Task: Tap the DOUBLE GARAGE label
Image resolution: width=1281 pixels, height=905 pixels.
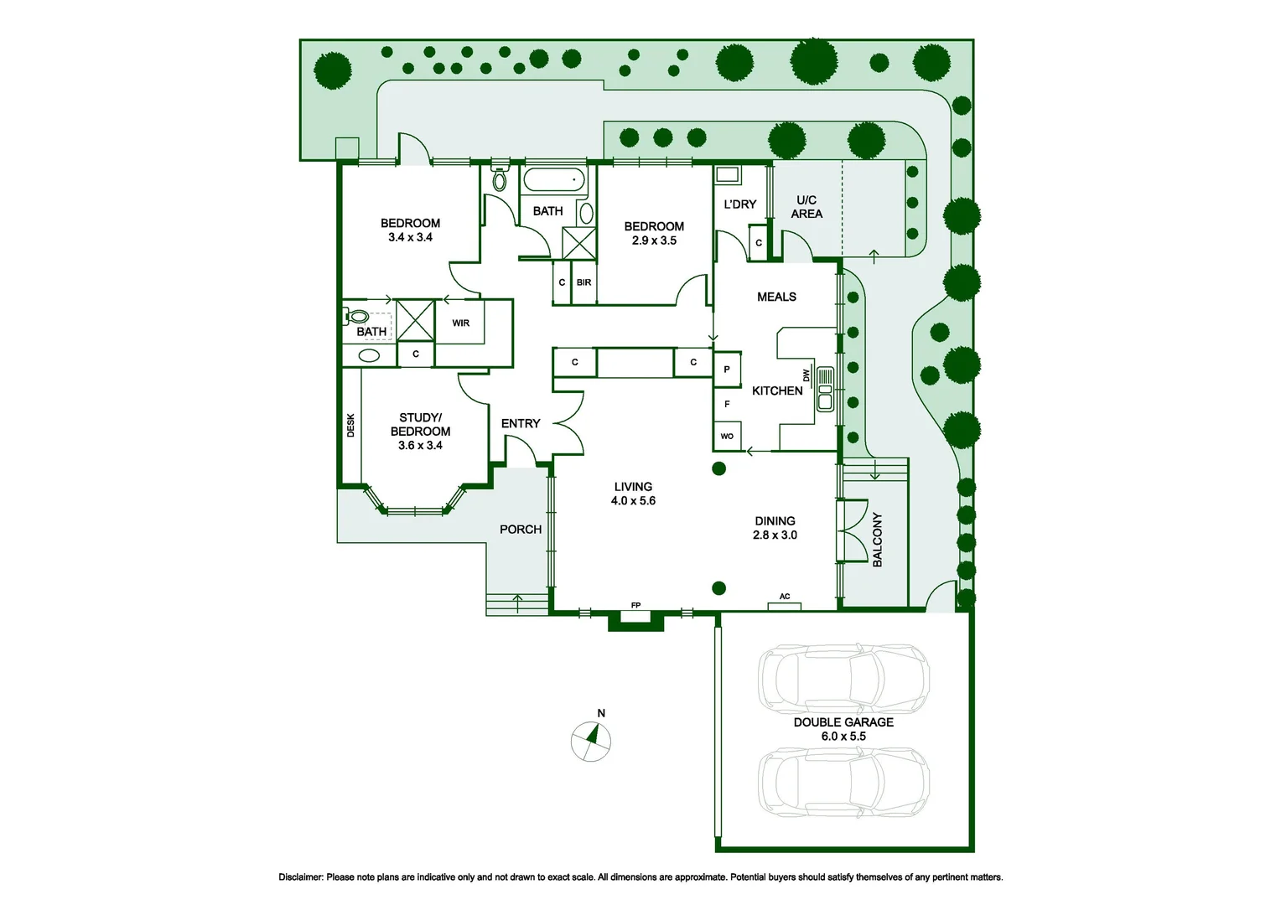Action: point(843,722)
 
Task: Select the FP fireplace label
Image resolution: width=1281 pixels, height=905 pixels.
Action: point(635,605)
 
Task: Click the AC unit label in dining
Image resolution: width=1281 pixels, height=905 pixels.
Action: point(785,597)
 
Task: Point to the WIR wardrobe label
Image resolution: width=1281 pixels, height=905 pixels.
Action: point(461,323)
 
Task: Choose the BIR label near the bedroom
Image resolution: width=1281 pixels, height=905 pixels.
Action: point(583,282)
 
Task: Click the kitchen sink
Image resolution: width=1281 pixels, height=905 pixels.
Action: point(825,389)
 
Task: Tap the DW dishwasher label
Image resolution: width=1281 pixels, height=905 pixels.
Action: point(806,375)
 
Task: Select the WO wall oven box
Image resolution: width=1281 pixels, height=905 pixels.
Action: point(727,436)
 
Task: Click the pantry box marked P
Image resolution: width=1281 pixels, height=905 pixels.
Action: point(727,370)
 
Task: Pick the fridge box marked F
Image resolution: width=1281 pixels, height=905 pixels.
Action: point(727,404)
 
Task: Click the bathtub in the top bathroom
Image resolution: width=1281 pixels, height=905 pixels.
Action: point(553,179)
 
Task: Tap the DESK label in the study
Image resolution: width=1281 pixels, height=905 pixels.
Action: point(350,425)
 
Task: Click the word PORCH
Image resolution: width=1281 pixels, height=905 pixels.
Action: point(521,530)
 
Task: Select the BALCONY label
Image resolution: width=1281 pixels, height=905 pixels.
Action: point(877,540)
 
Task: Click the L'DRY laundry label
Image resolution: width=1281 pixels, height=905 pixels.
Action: point(739,204)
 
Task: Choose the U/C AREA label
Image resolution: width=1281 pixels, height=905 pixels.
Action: point(806,207)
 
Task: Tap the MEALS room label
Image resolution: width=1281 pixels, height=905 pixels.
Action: point(776,297)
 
